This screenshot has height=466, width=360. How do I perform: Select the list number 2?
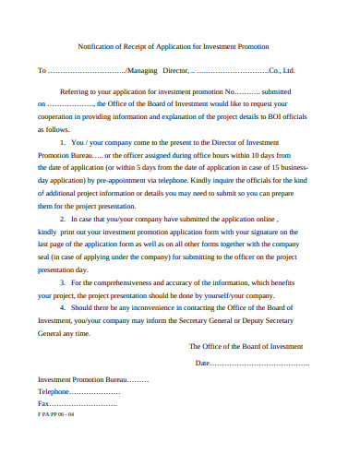click(63, 221)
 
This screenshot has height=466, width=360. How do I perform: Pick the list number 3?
click(63, 281)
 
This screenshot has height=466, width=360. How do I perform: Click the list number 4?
click(63, 307)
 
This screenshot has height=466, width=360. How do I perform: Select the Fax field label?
click(43, 403)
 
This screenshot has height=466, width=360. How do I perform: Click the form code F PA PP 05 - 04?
click(56, 415)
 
